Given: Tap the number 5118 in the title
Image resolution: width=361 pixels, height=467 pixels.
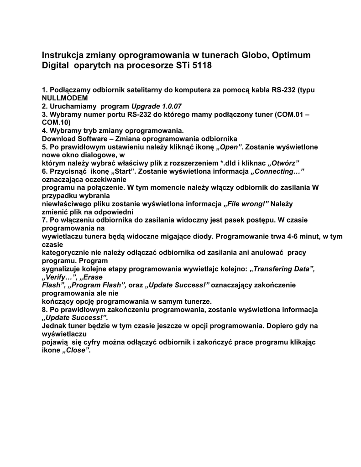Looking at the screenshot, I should click(201, 66).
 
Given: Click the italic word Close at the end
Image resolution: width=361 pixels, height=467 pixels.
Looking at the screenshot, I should click(76, 350).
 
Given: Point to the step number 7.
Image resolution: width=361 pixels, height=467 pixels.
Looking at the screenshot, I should click(44, 220).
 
